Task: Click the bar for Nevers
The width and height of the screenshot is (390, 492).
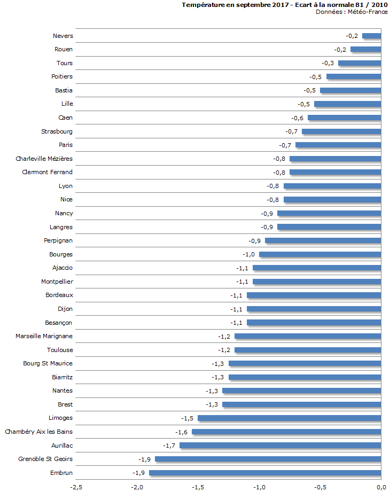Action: coord(371,36)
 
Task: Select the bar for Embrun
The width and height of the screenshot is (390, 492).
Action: coord(265,473)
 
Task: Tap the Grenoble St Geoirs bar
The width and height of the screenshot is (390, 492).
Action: coord(268,459)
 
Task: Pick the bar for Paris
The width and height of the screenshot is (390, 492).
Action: coord(338,145)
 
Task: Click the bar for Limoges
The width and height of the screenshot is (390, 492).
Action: coord(289,418)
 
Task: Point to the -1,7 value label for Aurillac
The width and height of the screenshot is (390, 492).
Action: coord(170,445)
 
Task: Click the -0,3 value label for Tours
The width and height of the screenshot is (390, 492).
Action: coord(328,63)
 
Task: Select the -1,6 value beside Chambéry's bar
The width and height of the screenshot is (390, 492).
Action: coord(182,432)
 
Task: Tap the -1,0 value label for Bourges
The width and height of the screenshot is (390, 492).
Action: coord(249,254)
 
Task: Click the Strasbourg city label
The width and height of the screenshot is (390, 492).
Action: coord(57,131)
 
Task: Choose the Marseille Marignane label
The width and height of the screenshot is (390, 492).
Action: coord(44,336)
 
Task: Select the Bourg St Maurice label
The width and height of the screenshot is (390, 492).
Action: coord(48,363)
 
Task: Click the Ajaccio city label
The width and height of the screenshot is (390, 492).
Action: coord(63,268)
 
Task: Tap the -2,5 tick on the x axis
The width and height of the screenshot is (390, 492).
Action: coord(76,487)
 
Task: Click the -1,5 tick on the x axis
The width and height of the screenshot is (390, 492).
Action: coord(198,487)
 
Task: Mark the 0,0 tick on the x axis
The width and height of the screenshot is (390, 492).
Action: coord(381,487)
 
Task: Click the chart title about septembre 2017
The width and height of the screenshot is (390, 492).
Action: coord(284,5)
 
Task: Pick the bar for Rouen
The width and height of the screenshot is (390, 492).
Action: coord(365,49)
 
